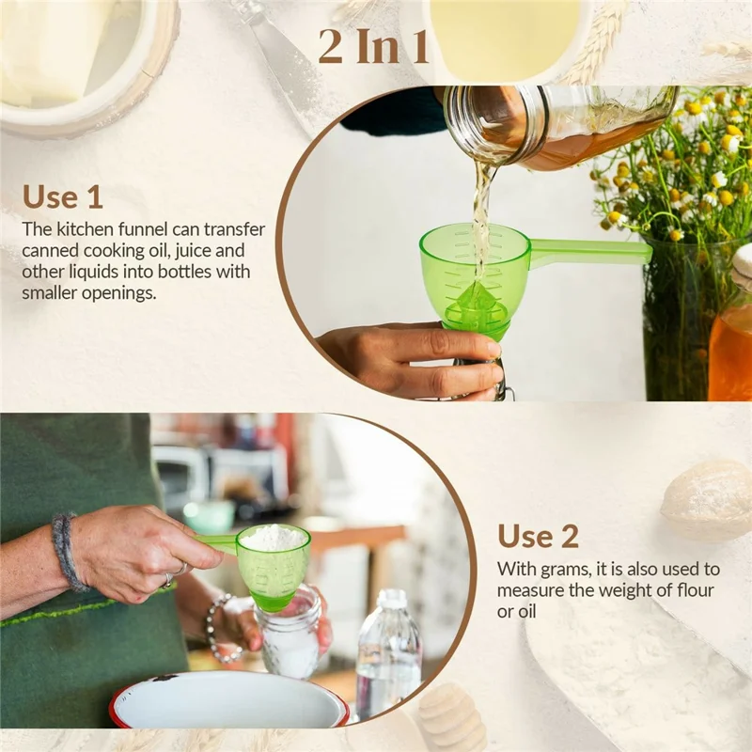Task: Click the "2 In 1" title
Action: point(374,47)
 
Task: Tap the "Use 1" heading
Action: point(63,196)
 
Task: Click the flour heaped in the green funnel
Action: point(274,538)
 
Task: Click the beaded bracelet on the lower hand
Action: point(215,630)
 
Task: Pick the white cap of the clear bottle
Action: point(391,599)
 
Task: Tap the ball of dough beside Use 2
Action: point(706,498)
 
